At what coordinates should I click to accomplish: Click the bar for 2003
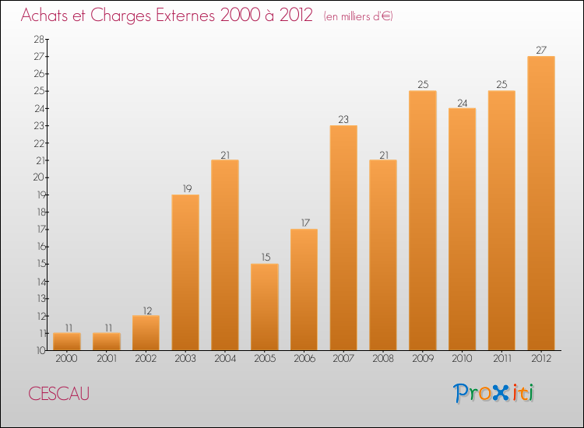click(185, 272)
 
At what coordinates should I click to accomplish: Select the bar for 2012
click(541, 203)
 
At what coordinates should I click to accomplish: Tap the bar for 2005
click(265, 307)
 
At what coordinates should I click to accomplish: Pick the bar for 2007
click(343, 237)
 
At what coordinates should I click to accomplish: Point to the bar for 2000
click(67, 342)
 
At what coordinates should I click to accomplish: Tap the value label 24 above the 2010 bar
click(462, 102)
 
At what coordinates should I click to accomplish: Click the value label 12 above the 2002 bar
click(146, 310)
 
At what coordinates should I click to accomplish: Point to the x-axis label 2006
click(304, 359)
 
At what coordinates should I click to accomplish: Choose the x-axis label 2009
click(423, 359)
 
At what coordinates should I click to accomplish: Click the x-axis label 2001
click(107, 359)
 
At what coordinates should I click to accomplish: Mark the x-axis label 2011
click(501, 359)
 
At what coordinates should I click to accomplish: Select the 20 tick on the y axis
click(38, 177)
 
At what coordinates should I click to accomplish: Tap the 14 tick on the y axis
click(38, 281)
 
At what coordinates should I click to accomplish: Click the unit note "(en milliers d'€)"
click(358, 16)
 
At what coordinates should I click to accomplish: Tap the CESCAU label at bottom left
click(58, 394)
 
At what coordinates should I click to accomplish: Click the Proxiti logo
click(494, 393)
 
